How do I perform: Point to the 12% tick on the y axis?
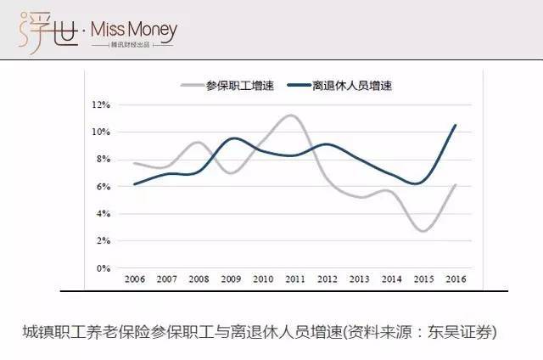pos(102,105)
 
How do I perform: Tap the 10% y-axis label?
pos(102,132)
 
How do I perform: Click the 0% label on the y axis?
pos(104,268)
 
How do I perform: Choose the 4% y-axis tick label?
pos(104,214)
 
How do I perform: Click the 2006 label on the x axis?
pos(134,278)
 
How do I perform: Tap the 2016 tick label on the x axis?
pos(456,278)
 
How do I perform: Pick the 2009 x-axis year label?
pos(230,278)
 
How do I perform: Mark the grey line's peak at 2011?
pos(292,115)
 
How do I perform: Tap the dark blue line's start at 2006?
pos(134,184)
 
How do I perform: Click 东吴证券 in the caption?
pos(465,331)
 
